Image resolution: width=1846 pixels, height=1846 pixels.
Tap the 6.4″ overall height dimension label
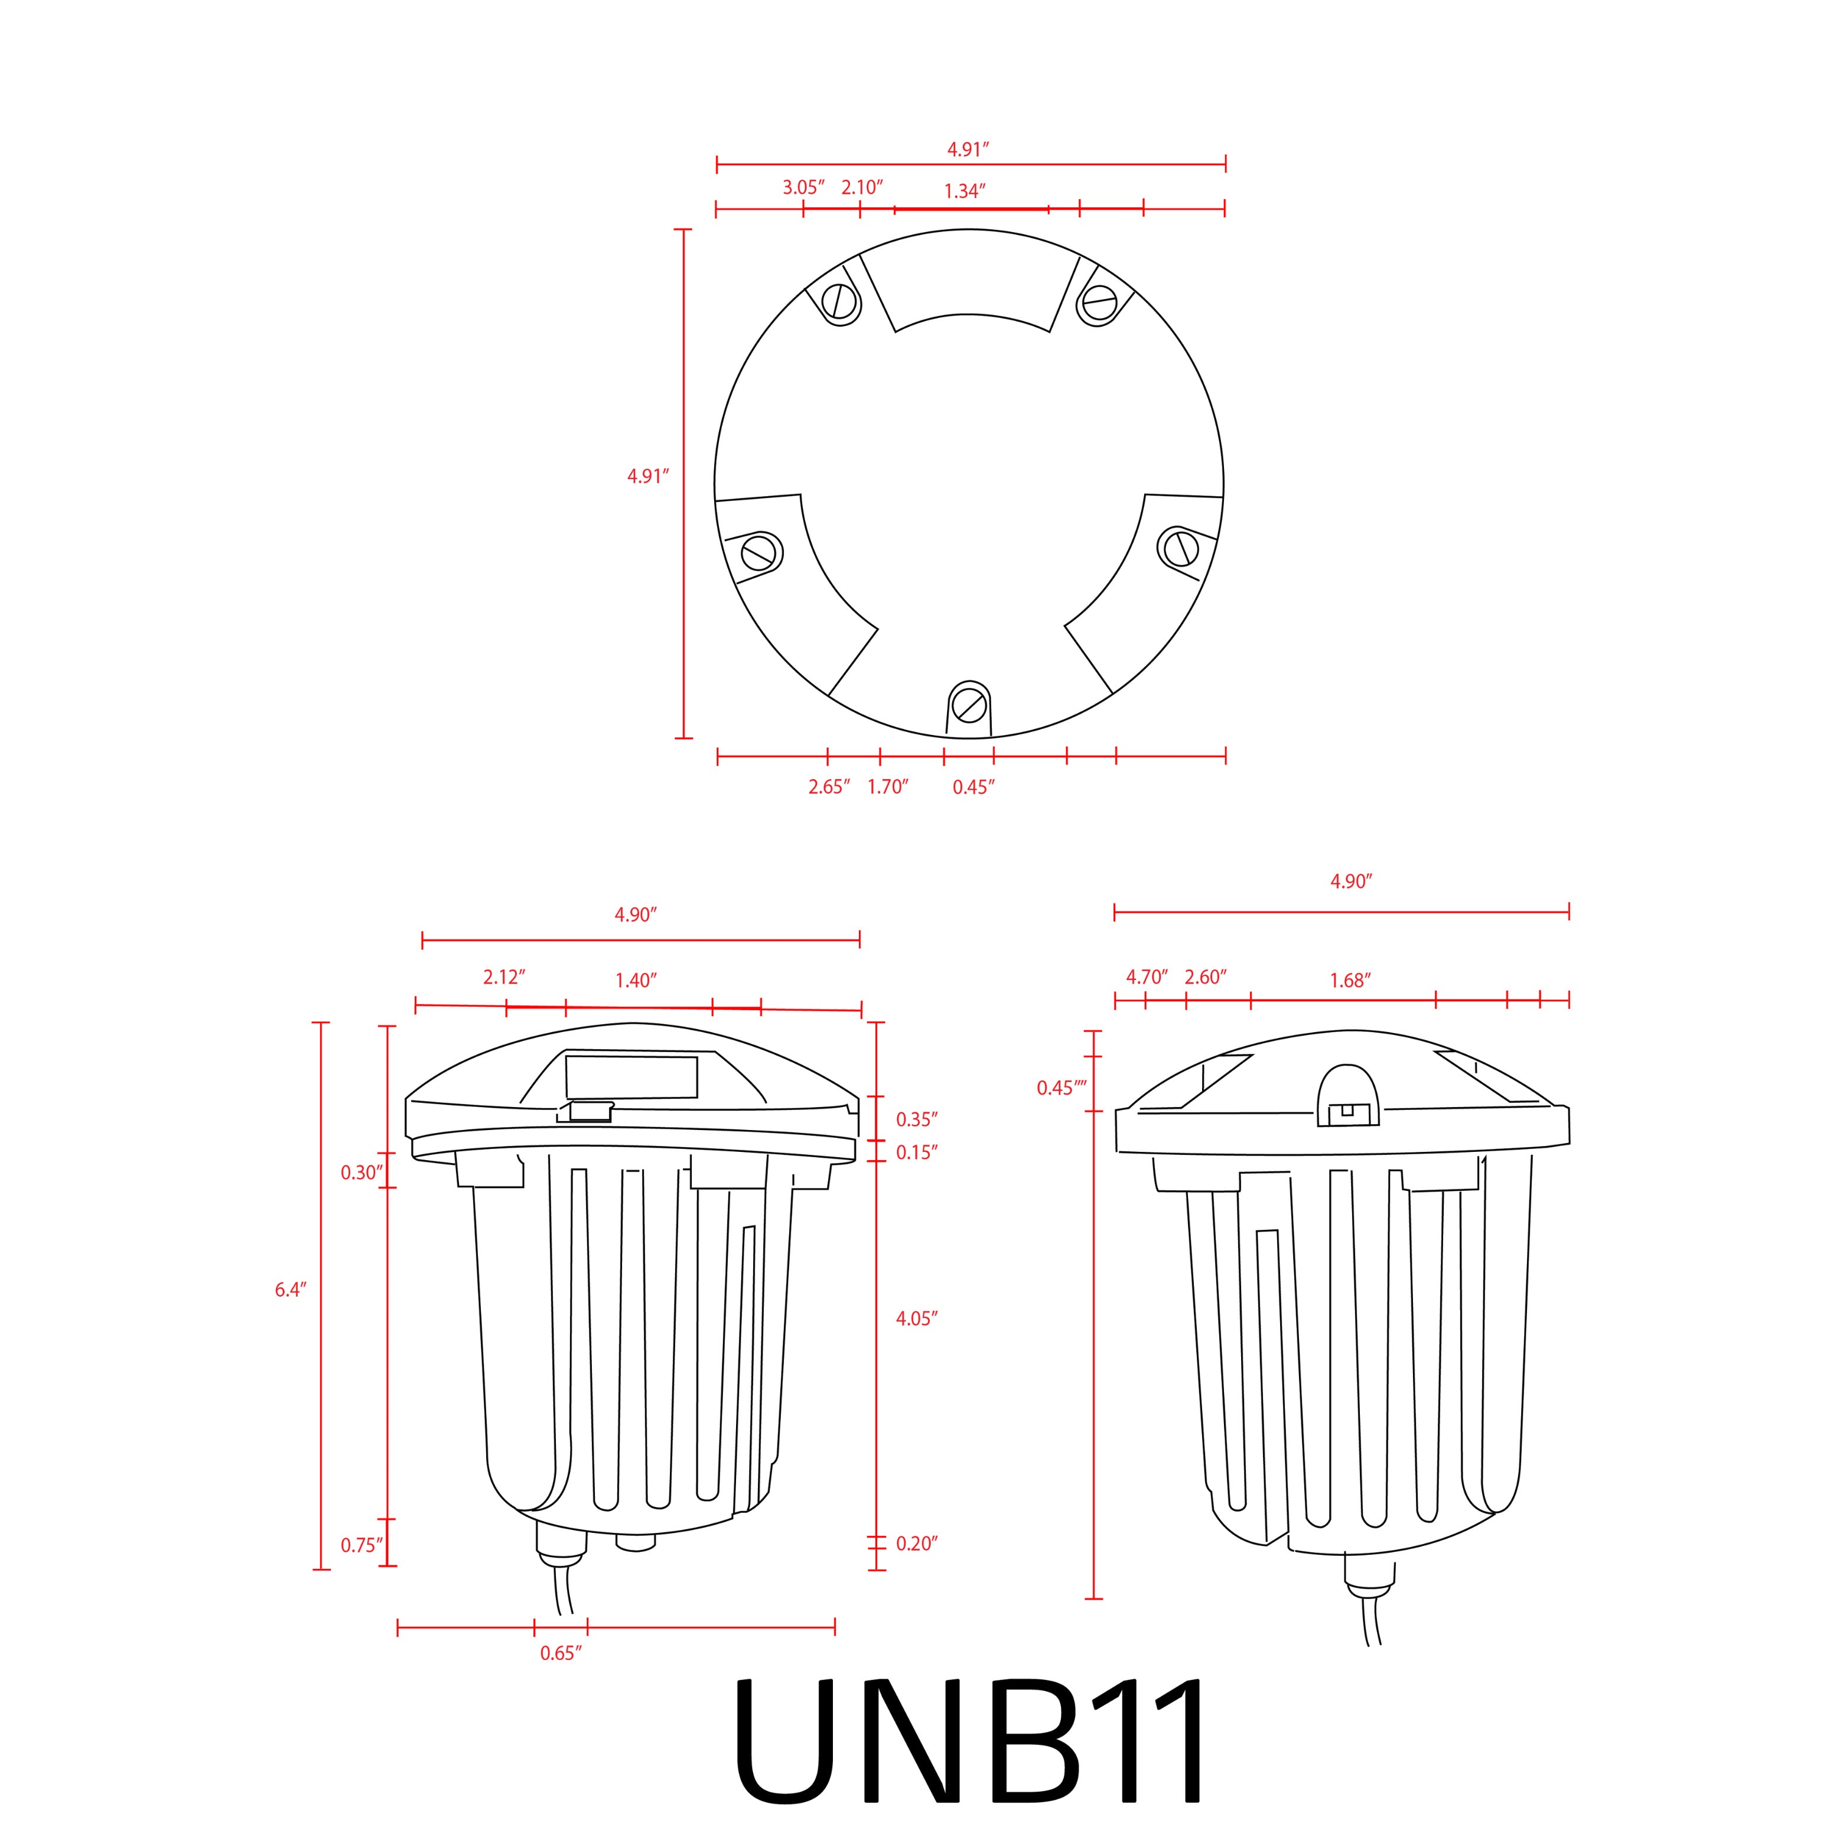click(x=291, y=1290)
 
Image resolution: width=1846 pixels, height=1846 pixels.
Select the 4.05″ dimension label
click(x=916, y=1318)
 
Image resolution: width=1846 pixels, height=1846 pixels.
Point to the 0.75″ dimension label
click(x=362, y=1545)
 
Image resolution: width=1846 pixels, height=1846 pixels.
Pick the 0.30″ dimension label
click(x=362, y=1173)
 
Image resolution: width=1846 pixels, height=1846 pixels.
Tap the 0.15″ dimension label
click(x=916, y=1152)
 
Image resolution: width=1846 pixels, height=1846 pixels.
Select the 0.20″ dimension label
click(x=916, y=1543)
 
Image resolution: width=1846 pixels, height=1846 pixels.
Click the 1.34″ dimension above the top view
click(x=964, y=191)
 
